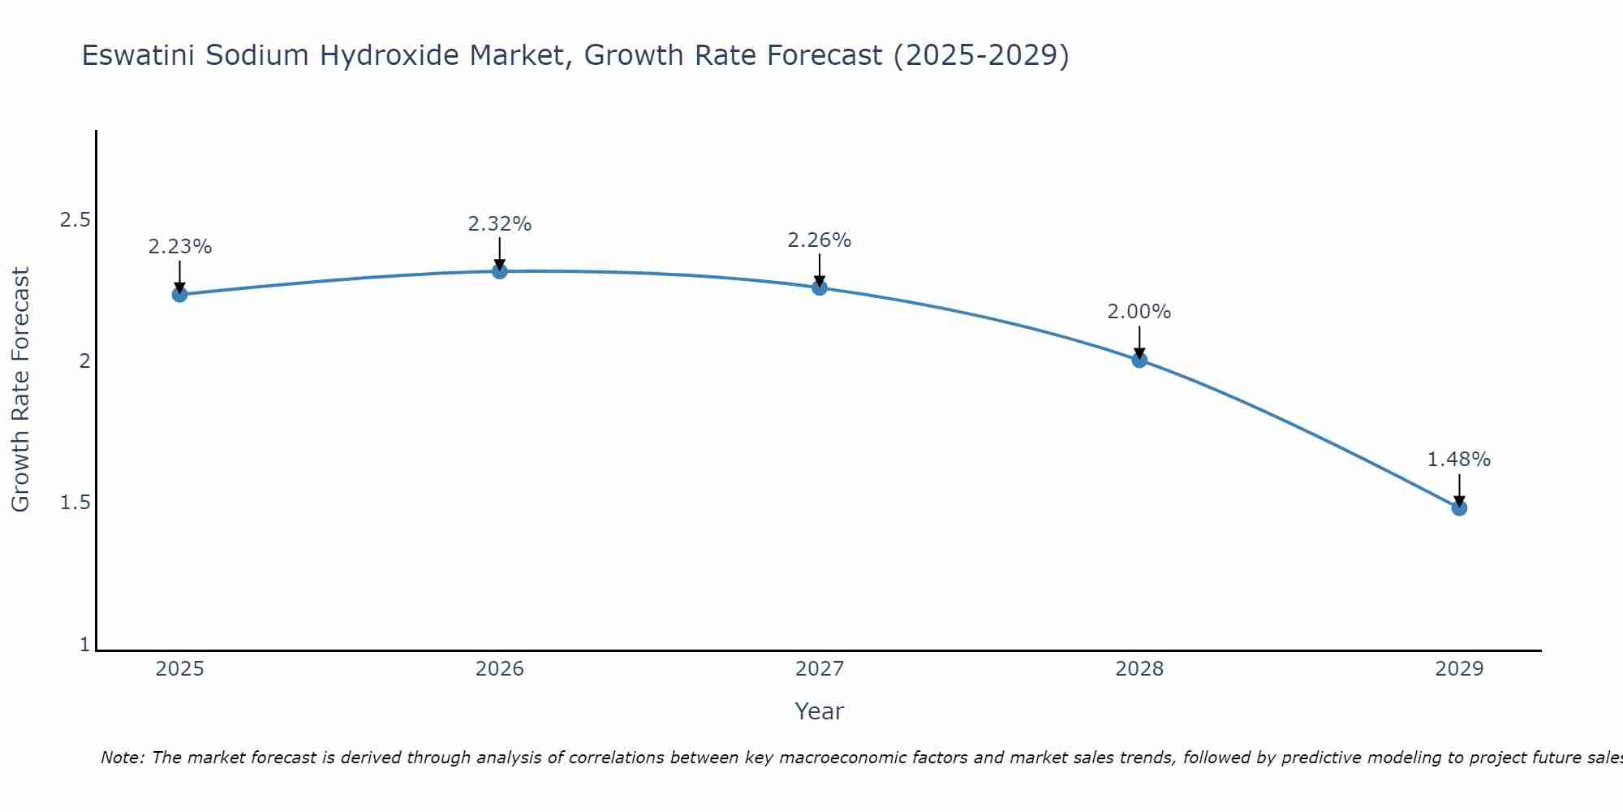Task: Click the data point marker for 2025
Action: (180, 294)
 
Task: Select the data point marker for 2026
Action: (500, 270)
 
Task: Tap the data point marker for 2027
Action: (820, 287)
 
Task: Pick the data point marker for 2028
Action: (1139, 360)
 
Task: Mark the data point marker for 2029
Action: (1459, 508)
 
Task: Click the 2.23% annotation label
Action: (180, 247)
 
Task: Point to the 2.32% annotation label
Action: (500, 224)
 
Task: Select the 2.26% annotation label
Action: (820, 240)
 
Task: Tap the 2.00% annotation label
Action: (1139, 312)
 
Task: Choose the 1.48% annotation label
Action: (1459, 460)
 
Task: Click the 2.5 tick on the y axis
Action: (75, 220)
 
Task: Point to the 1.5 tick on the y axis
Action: (75, 503)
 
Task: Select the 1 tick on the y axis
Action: (84, 645)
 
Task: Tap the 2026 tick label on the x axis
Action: (500, 669)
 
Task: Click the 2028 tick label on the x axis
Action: (1139, 669)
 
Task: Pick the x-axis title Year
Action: (820, 711)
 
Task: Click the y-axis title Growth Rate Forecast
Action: (20, 390)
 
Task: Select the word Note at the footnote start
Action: (122, 758)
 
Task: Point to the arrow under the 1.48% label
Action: (1459, 490)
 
